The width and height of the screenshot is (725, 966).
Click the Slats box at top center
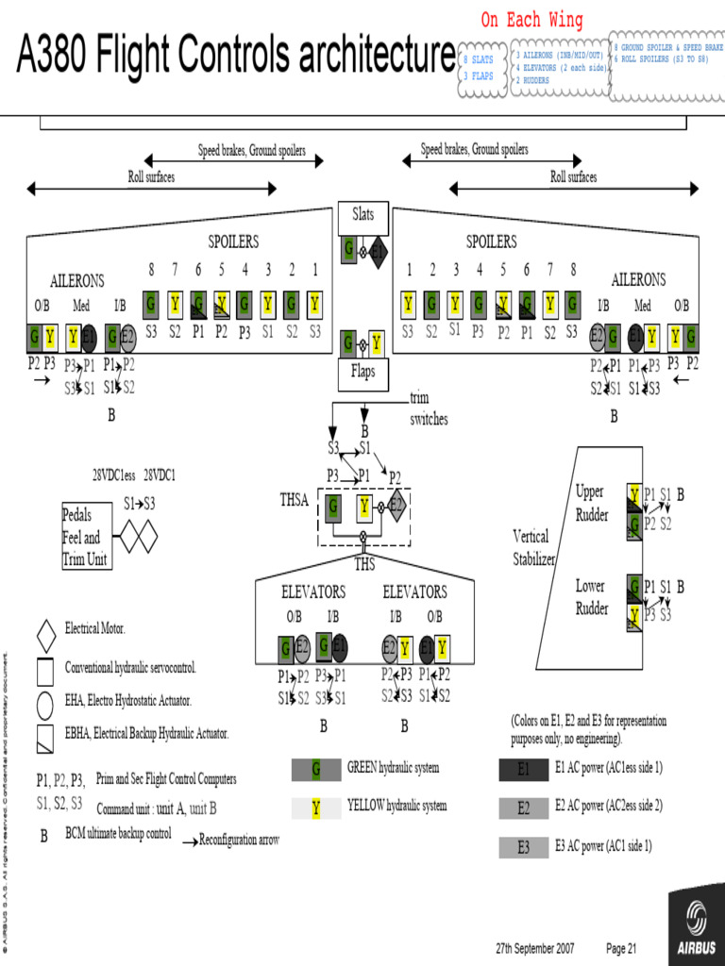pyautogui.click(x=363, y=216)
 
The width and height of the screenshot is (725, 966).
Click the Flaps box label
pyautogui.click(x=363, y=373)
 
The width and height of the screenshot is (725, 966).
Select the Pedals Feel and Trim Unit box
pyautogui.click(x=86, y=537)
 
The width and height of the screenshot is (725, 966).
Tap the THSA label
pyautogui.click(x=295, y=501)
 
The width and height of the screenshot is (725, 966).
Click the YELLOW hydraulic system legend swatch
pyautogui.click(x=315, y=808)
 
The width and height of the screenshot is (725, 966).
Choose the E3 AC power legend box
pyautogui.click(x=523, y=847)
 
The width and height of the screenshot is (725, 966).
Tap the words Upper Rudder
pyautogui.click(x=592, y=504)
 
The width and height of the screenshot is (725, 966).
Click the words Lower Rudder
pyautogui.click(x=592, y=597)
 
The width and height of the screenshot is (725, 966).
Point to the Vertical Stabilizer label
pyautogui.click(x=533, y=547)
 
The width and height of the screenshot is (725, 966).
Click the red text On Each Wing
pyautogui.click(x=531, y=20)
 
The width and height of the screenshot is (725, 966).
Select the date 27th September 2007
pyautogui.click(x=534, y=947)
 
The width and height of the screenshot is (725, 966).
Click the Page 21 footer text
pyautogui.click(x=621, y=947)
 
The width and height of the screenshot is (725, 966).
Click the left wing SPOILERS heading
pyautogui.click(x=233, y=242)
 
